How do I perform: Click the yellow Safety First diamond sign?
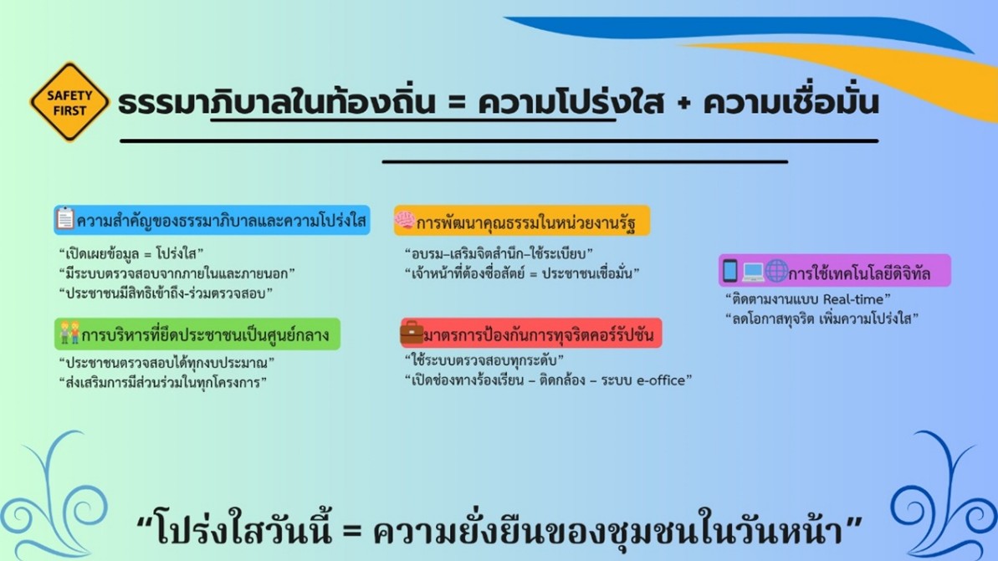[x=69, y=102]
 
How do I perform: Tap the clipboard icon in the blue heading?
[x=65, y=218]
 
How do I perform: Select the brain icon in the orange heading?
[x=405, y=220]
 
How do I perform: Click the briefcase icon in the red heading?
[x=412, y=332]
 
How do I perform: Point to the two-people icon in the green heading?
[x=69, y=333]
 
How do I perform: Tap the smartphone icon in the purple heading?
[x=730, y=271]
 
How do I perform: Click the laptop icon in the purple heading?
[x=752, y=273]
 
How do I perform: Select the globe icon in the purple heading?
[x=775, y=271]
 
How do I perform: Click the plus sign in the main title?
[x=684, y=105]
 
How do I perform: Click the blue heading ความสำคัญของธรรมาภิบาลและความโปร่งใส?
[x=222, y=221]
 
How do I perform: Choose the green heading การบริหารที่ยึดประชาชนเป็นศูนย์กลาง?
[x=205, y=334]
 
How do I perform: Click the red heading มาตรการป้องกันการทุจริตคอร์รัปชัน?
[x=539, y=334]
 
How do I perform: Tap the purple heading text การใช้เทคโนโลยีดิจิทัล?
[x=859, y=273]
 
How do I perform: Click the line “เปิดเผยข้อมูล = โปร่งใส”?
[x=131, y=254]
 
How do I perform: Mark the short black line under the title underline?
[x=585, y=161]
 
